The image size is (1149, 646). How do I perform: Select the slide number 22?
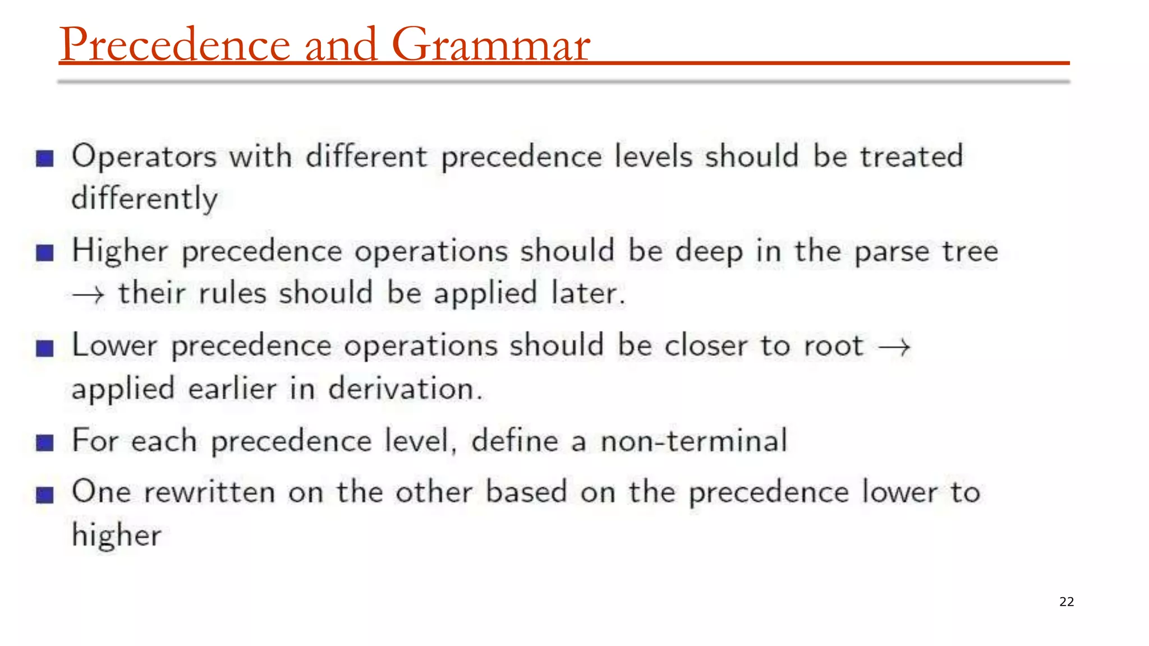pyautogui.click(x=1066, y=602)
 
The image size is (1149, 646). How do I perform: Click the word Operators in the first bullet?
pyautogui.click(x=144, y=156)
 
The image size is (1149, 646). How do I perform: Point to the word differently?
pyautogui.click(x=145, y=199)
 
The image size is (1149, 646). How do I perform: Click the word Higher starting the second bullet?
pyautogui.click(x=120, y=251)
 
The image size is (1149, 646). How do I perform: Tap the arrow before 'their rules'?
pyautogui.click(x=88, y=294)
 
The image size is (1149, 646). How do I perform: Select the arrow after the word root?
pyautogui.click(x=894, y=347)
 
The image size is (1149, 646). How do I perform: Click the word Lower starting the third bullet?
pyautogui.click(x=115, y=345)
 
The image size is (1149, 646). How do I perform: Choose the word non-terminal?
pyautogui.click(x=694, y=441)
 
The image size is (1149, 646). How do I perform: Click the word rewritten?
pyautogui.click(x=209, y=492)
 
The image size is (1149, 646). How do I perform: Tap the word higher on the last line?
pyautogui.click(x=117, y=535)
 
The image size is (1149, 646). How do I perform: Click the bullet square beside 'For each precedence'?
pyautogui.click(x=45, y=443)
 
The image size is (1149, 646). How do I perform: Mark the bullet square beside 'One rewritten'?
pyautogui.click(x=45, y=495)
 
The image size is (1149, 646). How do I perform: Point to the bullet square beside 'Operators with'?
pyautogui.click(x=45, y=159)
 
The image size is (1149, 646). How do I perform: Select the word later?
pyautogui.click(x=587, y=294)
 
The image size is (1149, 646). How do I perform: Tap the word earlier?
pyautogui.click(x=232, y=389)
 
